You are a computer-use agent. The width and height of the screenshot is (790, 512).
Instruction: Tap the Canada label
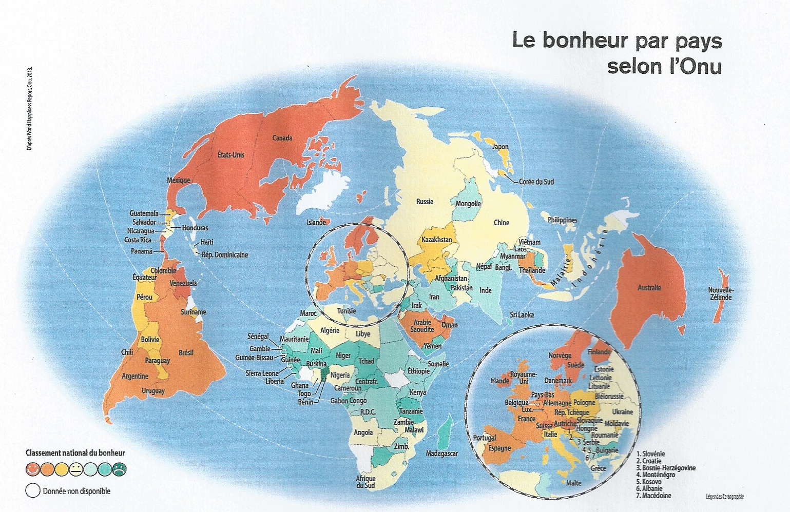(282, 138)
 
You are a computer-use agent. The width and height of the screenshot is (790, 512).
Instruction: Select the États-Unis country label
(231, 154)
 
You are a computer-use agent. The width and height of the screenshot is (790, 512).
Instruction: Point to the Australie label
(649, 288)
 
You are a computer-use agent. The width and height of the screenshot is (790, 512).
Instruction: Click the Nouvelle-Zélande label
(721, 293)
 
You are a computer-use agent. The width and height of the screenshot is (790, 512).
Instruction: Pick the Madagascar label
(441, 454)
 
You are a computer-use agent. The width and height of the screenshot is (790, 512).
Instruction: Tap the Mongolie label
(468, 204)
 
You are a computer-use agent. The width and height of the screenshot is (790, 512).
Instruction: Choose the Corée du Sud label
(536, 182)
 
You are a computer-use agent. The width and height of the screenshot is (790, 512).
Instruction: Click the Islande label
(316, 222)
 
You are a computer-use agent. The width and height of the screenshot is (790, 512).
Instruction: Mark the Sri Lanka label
(522, 314)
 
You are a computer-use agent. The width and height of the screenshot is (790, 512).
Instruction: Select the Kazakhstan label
(436, 240)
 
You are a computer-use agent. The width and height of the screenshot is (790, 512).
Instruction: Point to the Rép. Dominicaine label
(224, 255)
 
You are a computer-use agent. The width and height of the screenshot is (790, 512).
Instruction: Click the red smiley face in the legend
(32, 468)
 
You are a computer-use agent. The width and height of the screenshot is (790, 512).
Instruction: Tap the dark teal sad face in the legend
(119, 468)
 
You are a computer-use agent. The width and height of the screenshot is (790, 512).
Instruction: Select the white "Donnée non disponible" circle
(32, 491)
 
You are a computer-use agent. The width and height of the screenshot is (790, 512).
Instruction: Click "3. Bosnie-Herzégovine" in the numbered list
(666, 468)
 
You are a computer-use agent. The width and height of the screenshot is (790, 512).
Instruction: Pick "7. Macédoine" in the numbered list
(653, 496)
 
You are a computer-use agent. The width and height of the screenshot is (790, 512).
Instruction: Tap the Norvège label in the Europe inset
(560, 355)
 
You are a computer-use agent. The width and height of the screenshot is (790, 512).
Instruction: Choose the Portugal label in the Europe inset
(484, 438)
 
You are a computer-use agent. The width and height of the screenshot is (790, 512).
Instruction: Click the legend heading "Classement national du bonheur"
(75, 453)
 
